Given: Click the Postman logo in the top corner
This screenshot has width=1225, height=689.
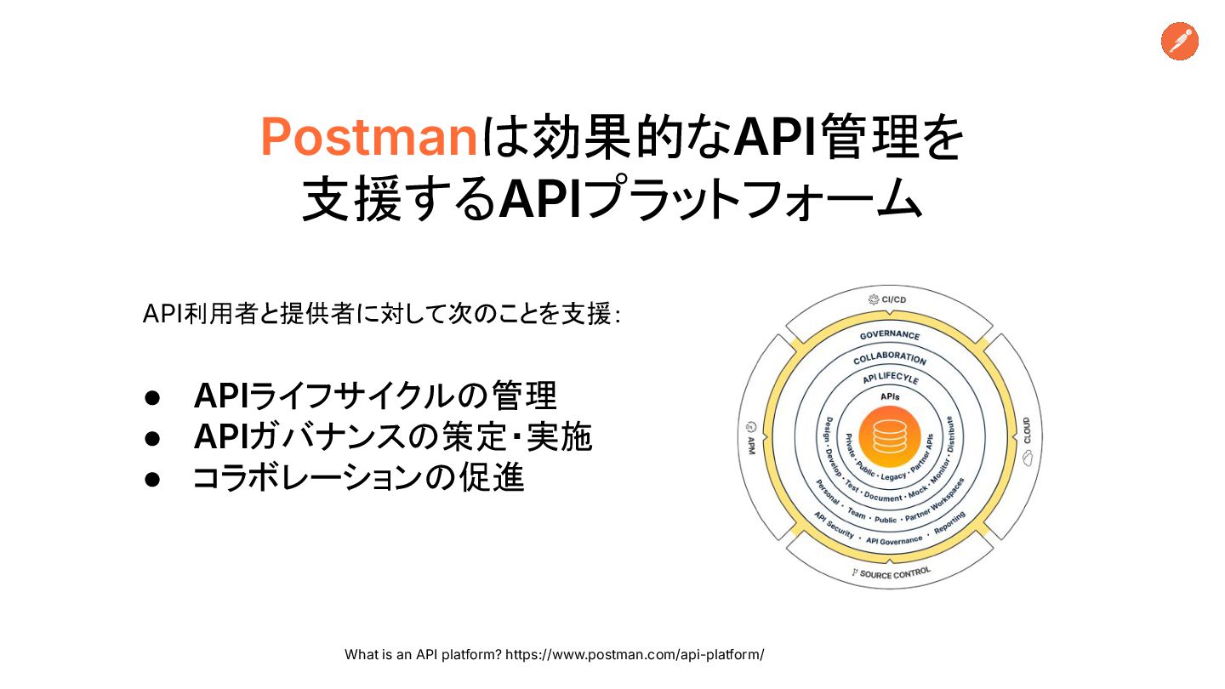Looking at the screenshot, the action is click(1180, 41).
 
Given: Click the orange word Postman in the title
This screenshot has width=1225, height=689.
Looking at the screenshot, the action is click(369, 137).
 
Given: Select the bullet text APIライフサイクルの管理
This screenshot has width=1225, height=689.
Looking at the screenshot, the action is click(375, 396).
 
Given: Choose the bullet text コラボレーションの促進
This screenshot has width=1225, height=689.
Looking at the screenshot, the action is click(358, 478).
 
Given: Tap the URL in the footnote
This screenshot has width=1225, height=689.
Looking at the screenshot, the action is click(635, 655).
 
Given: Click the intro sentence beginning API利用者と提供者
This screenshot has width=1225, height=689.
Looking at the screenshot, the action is click(382, 315).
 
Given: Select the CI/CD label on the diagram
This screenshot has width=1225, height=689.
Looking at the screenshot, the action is click(890, 299).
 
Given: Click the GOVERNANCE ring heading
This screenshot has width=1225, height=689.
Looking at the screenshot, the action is click(890, 336).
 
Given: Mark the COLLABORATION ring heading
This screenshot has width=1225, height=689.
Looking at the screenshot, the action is click(890, 358).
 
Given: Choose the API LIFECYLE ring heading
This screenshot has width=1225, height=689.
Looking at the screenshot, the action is click(890, 378).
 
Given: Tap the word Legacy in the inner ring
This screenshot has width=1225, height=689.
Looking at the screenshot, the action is click(893, 476).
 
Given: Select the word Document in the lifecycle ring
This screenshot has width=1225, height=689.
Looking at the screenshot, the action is click(883, 498).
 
